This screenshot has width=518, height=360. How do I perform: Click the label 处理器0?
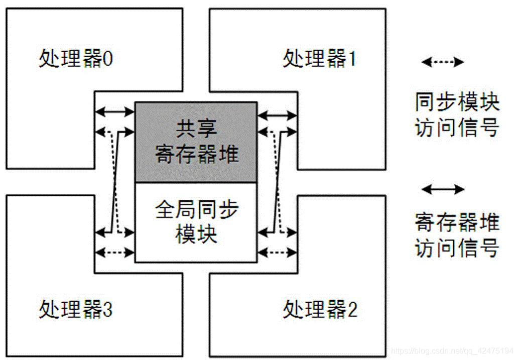click(76, 59)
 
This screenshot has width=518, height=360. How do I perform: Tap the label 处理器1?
click(320, 59)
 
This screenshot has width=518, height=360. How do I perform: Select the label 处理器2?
click(320, 309)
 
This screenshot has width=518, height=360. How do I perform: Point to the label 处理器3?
click(76, 309)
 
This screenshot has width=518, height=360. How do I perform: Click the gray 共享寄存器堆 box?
click(196, 142)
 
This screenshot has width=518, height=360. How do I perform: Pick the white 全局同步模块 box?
click(196, 222)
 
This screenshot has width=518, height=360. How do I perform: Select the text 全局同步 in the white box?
click(196, 209)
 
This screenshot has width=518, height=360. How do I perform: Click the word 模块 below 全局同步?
click(196, 234)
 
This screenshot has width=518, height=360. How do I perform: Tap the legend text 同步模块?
click(457, 103)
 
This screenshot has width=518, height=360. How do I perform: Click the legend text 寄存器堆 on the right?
click(457, 222)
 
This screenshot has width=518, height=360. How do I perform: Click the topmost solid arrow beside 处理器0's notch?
click(115, 111)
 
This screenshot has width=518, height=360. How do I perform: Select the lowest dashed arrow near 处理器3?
click(115, 252)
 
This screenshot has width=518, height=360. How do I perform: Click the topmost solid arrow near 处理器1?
click(277, 115)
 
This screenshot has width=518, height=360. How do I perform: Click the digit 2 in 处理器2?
click(352, 310)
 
